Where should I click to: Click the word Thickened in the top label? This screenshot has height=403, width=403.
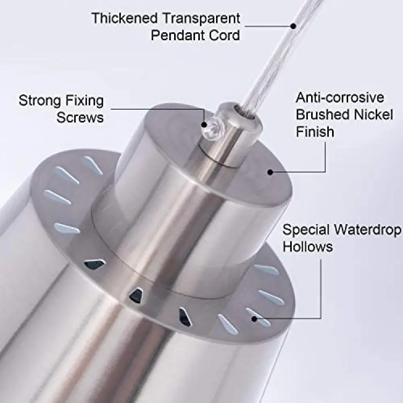pos(125,18)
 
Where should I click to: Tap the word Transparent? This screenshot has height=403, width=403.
pos(201,18)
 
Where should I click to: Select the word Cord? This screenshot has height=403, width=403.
pos(224,35)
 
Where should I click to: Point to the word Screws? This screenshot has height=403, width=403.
pos(80,118)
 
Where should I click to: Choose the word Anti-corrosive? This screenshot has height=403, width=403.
pos(340,98)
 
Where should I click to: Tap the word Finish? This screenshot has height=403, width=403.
pos(315,132)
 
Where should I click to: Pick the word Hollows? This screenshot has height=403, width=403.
pos(308,247)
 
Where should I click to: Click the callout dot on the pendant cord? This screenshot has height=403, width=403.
pos(293,26)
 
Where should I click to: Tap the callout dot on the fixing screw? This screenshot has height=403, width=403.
pos(204,125)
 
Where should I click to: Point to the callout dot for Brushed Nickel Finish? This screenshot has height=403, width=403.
pos(270,172)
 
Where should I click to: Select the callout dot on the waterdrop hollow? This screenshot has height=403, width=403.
pos(254,319)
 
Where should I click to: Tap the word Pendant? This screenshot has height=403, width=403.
pos(177,35)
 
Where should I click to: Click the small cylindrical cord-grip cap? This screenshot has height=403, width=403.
pos(229,134)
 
